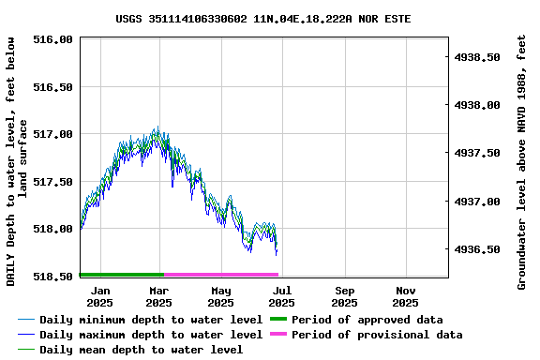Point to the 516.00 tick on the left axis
52,39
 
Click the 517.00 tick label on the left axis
52,134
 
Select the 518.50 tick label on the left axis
52,277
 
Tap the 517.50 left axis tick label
52,182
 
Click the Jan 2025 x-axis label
99,296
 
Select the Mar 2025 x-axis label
159,296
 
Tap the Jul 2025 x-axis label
281,296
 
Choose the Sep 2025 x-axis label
344,296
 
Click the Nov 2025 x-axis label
405,296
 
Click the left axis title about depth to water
18,161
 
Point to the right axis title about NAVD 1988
522,161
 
